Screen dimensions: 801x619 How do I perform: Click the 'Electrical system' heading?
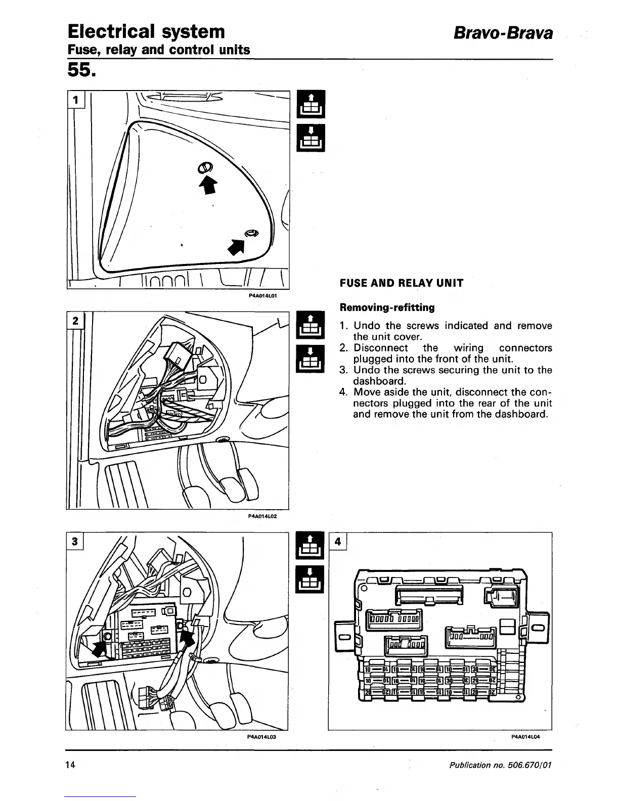(x=146, y=31)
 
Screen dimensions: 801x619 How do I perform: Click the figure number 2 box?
(x=76, y=321)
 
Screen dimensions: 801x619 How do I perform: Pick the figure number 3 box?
(x=75, y=541)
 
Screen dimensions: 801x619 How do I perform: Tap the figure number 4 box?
(x=338, y=542)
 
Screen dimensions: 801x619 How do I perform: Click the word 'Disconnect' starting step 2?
(x=380, y=348)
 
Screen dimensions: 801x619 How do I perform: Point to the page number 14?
(x=70, y=765)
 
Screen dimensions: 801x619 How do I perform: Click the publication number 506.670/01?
(x=526, y=765)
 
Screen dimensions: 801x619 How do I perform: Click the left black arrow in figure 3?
(x=100, y=646)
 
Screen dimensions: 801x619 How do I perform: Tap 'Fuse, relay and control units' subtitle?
(x=159, y=50)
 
